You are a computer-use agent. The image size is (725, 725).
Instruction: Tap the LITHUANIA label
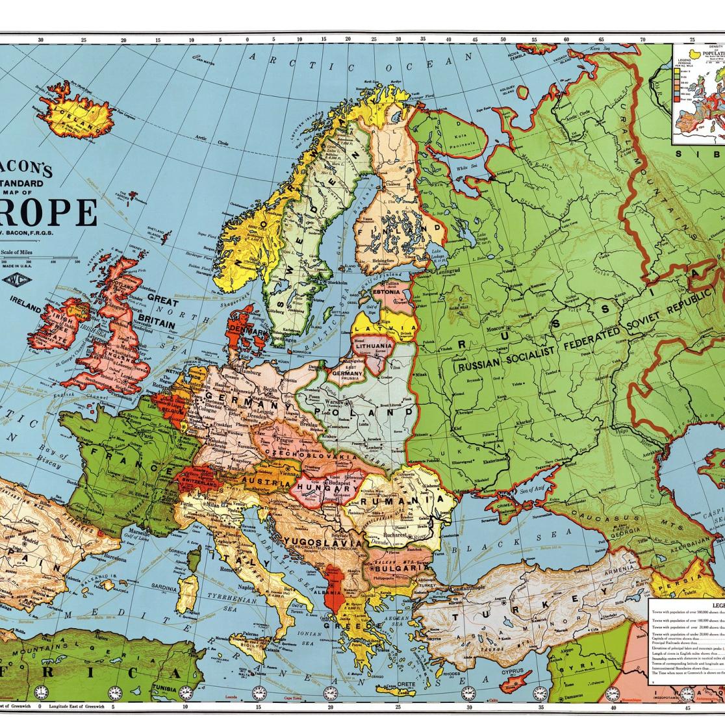373,346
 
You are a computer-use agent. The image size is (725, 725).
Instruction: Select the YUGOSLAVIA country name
323,542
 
